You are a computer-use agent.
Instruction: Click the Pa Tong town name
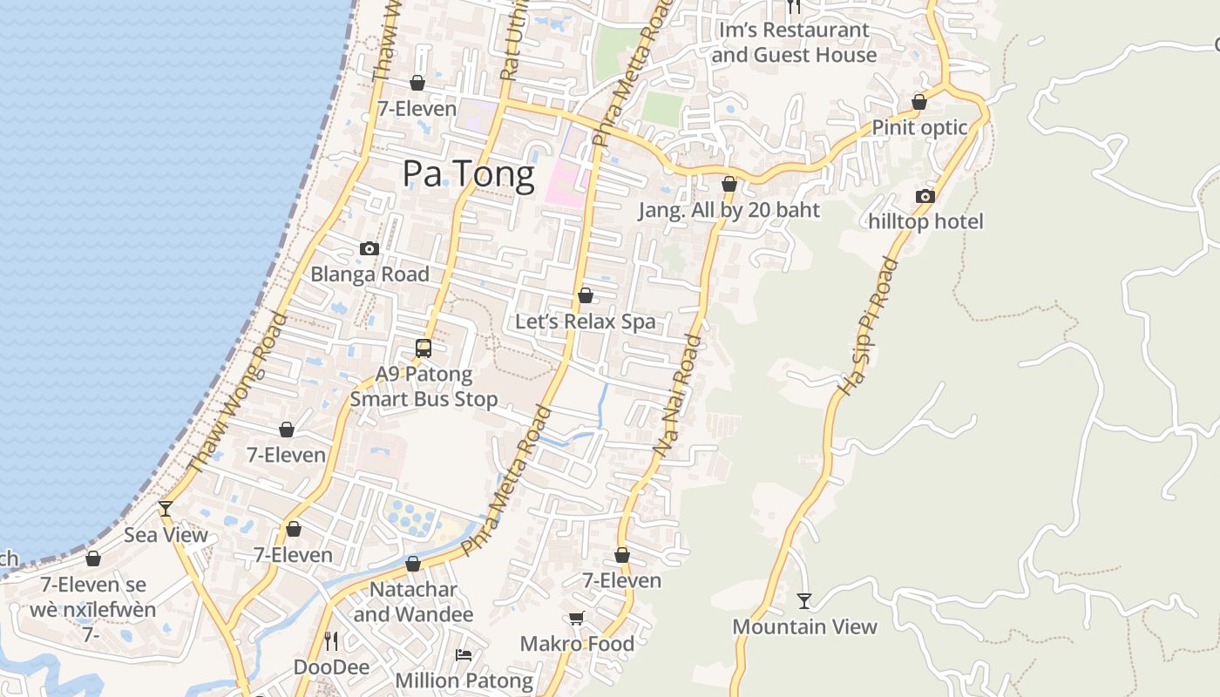pyautogui.click(x=468, y=175)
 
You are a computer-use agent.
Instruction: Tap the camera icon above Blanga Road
pyautogui.click(x=369, y=249)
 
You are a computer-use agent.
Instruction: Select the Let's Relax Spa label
pyautogui.click(x=585, y=321)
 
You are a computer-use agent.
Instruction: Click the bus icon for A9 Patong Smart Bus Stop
pyautogui.click(x=424, y=348)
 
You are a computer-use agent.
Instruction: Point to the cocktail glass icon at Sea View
pyautogui.click(x=166, y=509)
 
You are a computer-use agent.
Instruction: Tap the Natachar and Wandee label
pyautogui.click(x=413, y=602)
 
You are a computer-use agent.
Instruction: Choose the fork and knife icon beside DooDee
pyautogui.click(x=331, y=642)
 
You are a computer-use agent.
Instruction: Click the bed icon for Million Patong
pyautogui.click(x=464, y=655)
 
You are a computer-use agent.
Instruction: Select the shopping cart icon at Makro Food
pyautogui.click(x=576, y=619)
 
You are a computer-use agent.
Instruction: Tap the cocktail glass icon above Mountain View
pyautogui.click(x=804, y=601)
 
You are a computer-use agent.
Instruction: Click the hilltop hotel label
pyautogui.click(x=925, y=222)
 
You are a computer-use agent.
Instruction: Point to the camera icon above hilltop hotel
pyautogui.click(x=925, y=197)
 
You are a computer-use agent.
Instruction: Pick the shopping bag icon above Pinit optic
pyautogui.click(x=919, y=103)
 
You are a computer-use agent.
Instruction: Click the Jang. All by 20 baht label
pyautogui.click(x=729, y=210)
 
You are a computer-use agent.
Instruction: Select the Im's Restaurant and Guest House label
pyautogui.click(x=794, y=43)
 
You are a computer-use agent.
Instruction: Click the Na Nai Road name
pyautogui.click(x=678, y=394)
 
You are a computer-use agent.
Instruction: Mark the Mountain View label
pyautogui.click(x=804, y=626)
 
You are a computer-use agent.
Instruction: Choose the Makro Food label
pyautogui.click(x=577, y=644)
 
